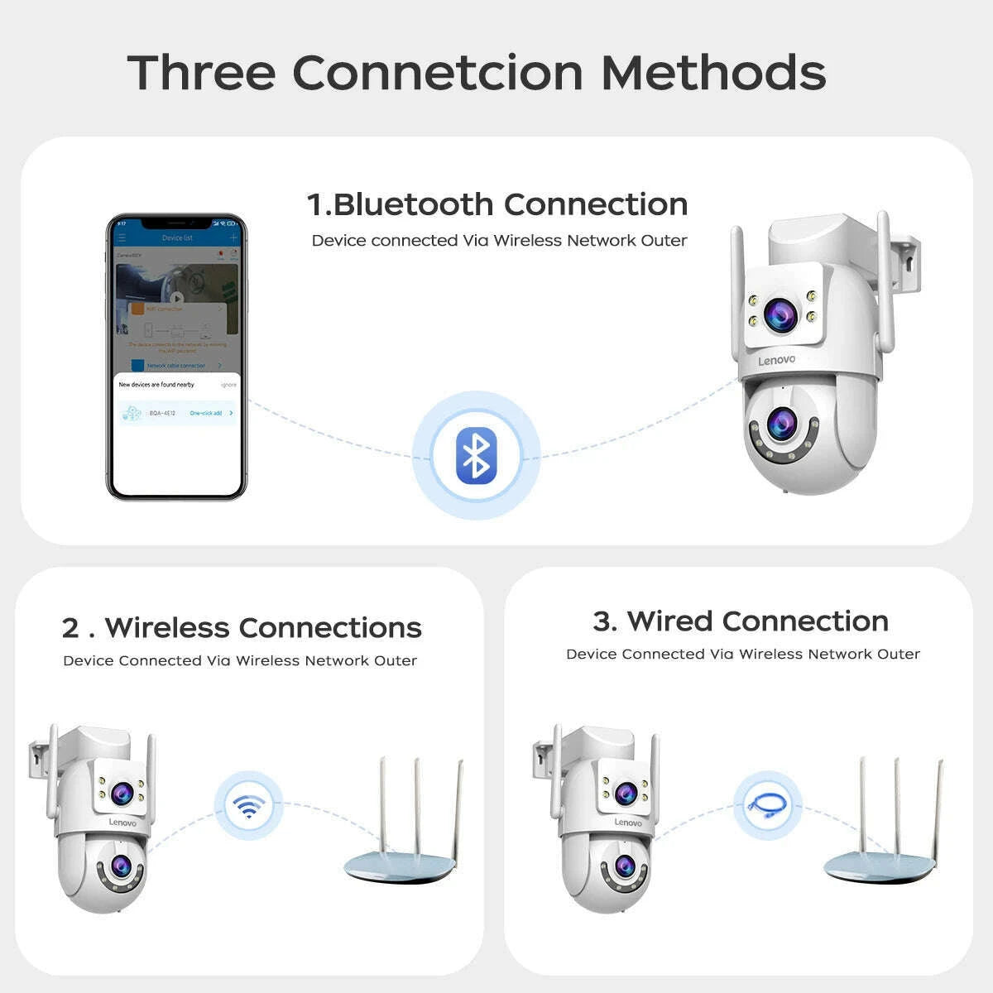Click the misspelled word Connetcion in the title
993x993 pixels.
click(x=439, y=73)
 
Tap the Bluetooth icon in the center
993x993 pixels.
click(x=476, y=455)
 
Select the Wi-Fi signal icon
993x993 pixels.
click(x=248, y=805)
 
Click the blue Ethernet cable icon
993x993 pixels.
click(x=767, y=805)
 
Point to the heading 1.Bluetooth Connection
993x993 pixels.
click(x=497, y=204)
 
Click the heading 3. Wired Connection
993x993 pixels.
click(x=741, y=621)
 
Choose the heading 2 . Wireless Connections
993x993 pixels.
click(x=242, y=628)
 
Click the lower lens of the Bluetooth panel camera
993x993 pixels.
click(x=780, y=425)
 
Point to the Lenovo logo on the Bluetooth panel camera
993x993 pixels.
click(x=776, y=361)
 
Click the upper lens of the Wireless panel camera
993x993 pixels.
click(x=121, y=794)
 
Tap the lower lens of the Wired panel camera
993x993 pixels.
click(x=624, y=866)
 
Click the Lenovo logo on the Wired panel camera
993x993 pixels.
click(x=628, y=823)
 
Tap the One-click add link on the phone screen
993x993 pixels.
click(x=206, y=413)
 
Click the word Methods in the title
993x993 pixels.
click(x=713, y=73)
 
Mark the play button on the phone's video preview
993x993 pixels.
click(x=176, y=299)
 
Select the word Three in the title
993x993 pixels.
click(x=201, y=73)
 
